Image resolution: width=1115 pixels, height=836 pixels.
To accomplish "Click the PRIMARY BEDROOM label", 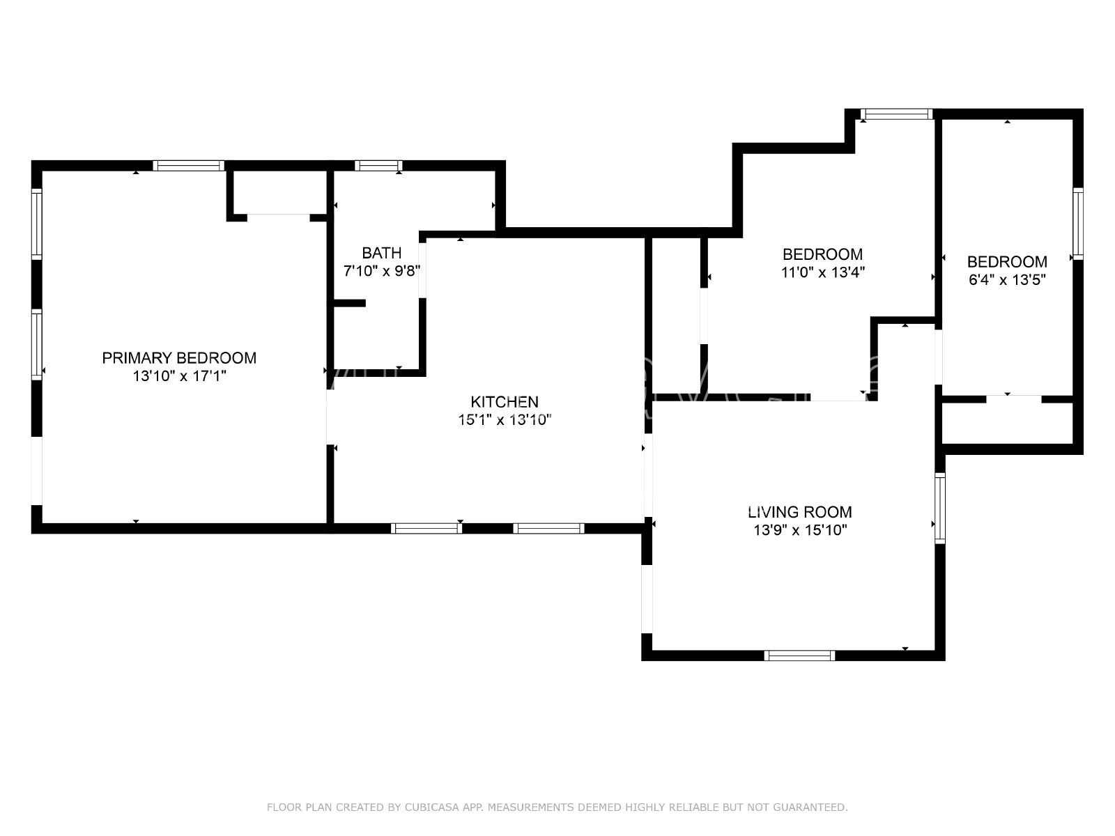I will (179, 358).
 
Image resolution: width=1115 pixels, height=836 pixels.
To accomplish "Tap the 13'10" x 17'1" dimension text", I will (180, 376).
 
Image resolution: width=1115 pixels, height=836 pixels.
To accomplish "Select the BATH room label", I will (381, 253).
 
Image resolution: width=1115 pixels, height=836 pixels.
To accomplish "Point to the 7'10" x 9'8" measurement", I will (381, 271).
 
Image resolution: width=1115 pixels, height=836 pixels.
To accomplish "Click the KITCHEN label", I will (505, 402).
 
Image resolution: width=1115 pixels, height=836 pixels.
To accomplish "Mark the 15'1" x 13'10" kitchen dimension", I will (505, 420).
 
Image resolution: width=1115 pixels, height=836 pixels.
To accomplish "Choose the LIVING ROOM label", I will (799, 513).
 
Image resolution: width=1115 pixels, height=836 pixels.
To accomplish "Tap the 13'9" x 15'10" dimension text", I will (799, 531).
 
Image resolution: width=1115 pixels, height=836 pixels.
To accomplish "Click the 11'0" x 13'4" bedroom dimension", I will (822, 272).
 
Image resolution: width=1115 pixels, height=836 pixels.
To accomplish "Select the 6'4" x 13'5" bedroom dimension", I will (1007, 280).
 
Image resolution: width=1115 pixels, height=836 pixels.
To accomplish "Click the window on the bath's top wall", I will (378, 166).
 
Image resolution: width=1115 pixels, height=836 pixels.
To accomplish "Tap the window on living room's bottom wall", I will (799, 656).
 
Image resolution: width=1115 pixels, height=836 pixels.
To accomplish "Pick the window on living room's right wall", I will (940, 508).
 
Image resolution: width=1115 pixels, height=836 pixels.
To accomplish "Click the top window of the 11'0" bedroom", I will (896, 114).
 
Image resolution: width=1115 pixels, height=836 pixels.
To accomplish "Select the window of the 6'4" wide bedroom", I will (1078, 224).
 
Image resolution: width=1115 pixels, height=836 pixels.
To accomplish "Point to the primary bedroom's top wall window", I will (189, 166).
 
